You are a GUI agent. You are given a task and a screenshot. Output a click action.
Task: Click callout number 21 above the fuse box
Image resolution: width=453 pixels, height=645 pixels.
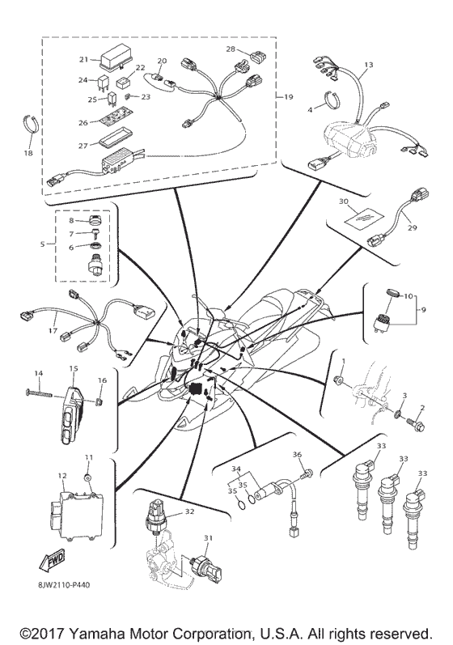tap(83, 59)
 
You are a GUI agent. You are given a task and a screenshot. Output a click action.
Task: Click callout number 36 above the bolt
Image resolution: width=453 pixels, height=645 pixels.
tap(296, 455)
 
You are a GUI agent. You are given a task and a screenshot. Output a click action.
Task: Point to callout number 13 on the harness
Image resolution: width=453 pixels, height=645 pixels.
tap(367, 64)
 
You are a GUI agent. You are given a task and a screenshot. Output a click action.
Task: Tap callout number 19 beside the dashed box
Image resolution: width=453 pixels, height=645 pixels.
tap(288, 96)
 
